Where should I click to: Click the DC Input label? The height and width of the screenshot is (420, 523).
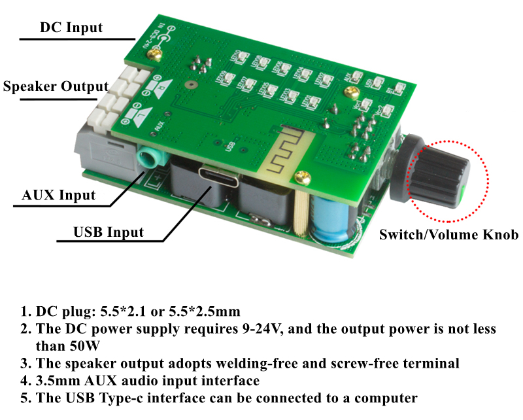71,27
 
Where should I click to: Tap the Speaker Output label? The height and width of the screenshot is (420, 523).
56,86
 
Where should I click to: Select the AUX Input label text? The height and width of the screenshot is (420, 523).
59,194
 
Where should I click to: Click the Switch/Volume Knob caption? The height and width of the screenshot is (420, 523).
448,234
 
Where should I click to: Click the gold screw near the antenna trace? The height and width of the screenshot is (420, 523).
302,175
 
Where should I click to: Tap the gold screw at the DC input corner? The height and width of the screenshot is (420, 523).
155,54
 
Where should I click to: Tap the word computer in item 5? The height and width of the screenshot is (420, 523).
385,397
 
